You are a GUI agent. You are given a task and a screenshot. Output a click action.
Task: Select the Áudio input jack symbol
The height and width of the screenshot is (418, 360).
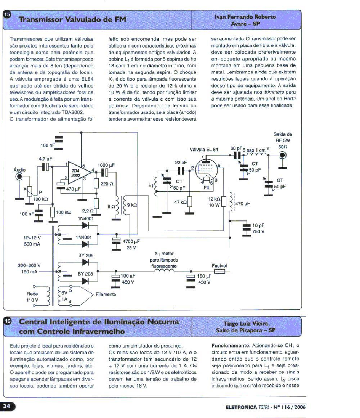(x=19, y=176)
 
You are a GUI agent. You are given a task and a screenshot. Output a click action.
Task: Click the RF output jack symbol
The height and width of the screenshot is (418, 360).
(x=283, y=155)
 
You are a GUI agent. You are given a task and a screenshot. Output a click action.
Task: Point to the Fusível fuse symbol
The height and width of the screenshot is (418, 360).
(x=220, y=271)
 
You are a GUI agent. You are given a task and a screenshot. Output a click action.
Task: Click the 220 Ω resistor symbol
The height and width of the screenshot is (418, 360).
(x=96, y=183)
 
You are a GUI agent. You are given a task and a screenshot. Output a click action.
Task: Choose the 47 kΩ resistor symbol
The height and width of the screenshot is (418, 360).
(x=189, y=202)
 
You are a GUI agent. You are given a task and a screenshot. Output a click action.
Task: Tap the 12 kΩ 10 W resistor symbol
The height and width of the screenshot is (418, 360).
(x=224, y=202)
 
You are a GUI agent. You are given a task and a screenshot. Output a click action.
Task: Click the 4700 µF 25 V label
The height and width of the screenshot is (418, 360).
(x=131, y=244)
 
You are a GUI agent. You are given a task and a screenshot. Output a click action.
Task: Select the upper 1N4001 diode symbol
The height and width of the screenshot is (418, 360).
(x=85, y=225)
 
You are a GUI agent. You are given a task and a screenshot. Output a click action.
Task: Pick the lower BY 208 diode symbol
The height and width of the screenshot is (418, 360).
(x=85, y=281)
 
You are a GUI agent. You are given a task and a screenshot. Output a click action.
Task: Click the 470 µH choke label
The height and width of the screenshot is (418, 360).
(x=243, y=204)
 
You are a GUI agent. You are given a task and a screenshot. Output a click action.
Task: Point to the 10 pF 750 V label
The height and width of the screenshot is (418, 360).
(x=258, y=229)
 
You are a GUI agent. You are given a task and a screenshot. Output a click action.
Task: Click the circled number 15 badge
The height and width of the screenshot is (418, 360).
(x=7, y=15)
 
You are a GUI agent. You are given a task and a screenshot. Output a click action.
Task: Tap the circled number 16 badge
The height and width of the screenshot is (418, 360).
(x=7, y=321)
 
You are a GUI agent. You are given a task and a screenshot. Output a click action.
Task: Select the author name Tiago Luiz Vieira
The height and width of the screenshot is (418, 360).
(x=246, y=323)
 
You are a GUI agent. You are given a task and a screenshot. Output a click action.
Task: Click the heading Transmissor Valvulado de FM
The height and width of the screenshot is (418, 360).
(x=72, y=19)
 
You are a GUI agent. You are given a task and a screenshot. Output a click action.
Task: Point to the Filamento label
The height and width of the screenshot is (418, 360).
(x=106, y=295)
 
